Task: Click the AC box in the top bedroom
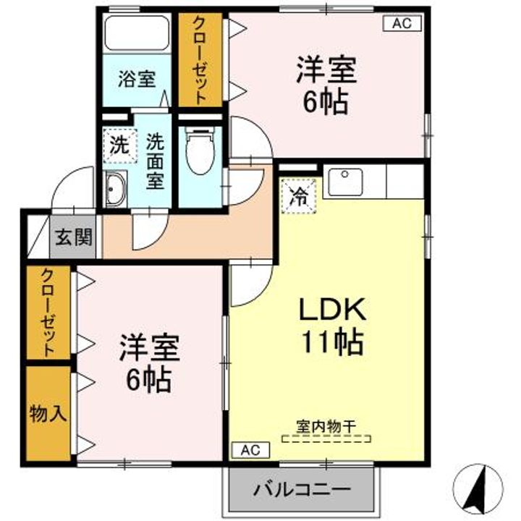tap(402, 23)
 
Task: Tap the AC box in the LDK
tap(250, 450)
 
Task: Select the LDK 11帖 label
tap(332, 326)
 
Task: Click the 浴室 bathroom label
tap(137, 79)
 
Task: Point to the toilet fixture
tap(200, 151)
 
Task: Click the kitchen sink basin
tap(345, 182)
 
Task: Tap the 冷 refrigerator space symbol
tap(298, 196)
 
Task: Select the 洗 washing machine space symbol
tap(119, 145)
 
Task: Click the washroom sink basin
tap(115, 189)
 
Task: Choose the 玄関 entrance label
tap(73, 237)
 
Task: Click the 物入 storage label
tap(48, 414)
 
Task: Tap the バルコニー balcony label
tap(302, 489)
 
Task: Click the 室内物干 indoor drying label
tap(326, 426)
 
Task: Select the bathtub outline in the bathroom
tap(137, 33)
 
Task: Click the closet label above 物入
tap(48, 313)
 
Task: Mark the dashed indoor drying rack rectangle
tap(326, 439)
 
